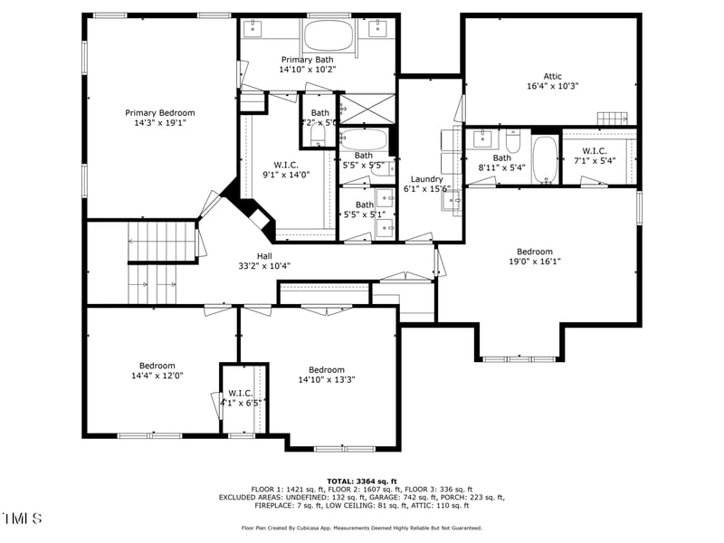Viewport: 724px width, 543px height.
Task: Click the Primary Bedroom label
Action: click(x=159, y=113)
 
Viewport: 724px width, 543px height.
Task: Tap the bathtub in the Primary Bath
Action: click(x=329, y=36)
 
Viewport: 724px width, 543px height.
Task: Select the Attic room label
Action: click(x=552, y=76)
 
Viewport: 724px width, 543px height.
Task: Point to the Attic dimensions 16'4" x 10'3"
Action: click(x=552, y=87)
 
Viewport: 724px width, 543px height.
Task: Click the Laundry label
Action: click(x=426, y=179)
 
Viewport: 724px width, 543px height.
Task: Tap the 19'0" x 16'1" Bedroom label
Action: click(x=534, y=252)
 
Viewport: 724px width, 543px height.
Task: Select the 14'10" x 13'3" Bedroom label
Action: click(x=326, y=369)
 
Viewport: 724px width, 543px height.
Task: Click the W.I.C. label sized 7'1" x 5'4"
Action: click(x=595, y=150)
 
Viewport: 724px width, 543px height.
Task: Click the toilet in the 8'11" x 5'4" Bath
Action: click(x=513, y=143)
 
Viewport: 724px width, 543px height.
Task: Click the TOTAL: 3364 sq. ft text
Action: click(x=362, y=481)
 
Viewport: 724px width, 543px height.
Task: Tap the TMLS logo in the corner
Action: click(x=23, y=519)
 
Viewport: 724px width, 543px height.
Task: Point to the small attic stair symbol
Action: click(x=612, y=119)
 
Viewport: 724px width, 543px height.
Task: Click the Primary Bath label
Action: click(x=307, y=60)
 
